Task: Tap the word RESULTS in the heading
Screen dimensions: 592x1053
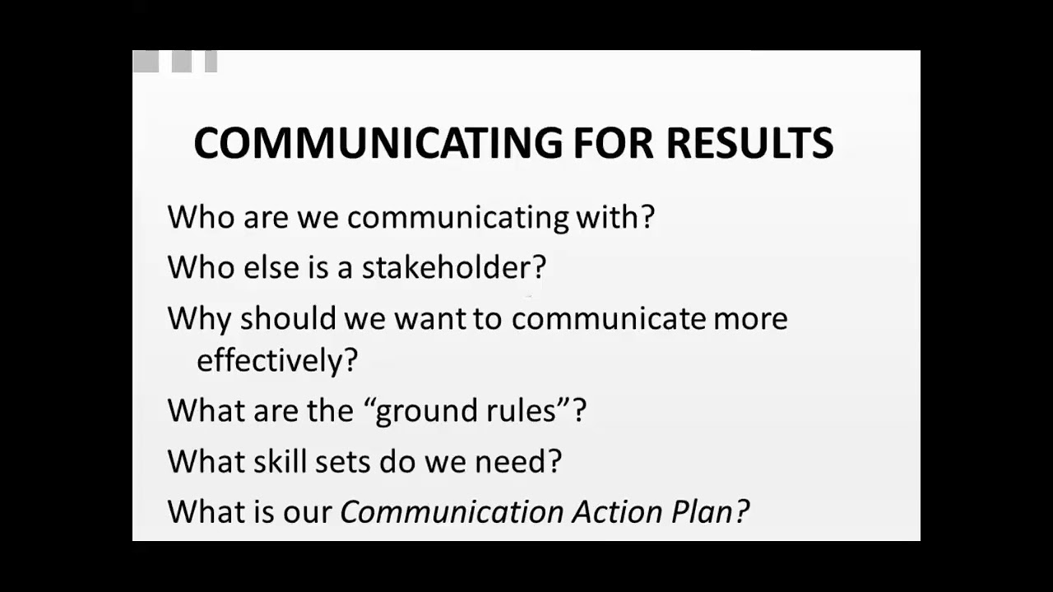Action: click(749, 143)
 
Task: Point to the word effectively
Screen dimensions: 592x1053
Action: click(276, 360)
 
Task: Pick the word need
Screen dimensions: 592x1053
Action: click(517, 461)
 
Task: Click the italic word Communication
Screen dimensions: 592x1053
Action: click(452, 511)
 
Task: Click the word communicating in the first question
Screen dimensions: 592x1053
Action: click(457, 218)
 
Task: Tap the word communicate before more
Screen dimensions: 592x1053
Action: click(608, 318)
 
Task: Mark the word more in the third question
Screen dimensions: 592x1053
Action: click(750, 319)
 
